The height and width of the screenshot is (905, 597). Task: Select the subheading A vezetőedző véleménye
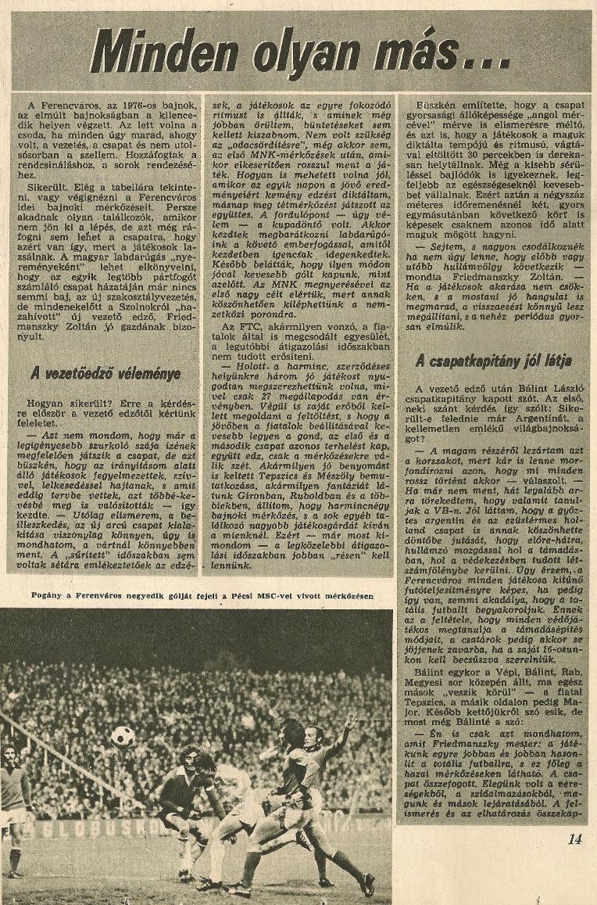pos(105,375)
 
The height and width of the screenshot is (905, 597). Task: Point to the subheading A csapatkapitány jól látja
pos(493,361)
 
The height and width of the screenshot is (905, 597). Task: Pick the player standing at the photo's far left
pos(13,806)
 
